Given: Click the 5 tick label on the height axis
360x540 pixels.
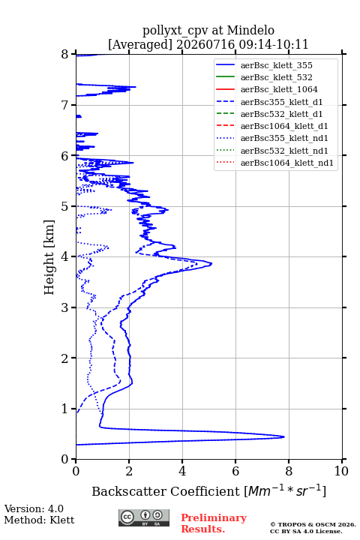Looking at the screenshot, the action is [65, 206].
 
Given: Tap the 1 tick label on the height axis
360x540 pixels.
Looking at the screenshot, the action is [65, 409].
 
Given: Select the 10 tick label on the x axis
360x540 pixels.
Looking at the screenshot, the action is [341, 471].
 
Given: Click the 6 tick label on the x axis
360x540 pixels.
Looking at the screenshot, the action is [235, 471].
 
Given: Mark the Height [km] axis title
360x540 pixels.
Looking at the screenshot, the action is [49, 257].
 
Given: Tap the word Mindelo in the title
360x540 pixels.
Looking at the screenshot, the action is [250, 30].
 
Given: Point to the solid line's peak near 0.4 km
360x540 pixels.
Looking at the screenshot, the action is [284, 436].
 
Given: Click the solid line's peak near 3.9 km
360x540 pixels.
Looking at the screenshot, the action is [211, 264].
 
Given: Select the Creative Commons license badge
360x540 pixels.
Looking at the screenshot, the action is [144, 517].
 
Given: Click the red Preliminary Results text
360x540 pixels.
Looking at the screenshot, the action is [214, 523].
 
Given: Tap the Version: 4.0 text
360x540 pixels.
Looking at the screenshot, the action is [34, 508].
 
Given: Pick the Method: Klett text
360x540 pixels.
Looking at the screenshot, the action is [39, 520].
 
